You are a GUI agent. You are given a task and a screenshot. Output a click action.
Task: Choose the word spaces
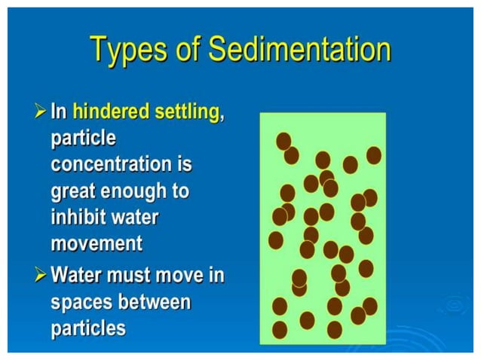(x=80, y=302)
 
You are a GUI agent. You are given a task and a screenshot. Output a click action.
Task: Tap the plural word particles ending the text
(x=87, y=328)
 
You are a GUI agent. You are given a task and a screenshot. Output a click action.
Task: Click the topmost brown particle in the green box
(x=283, y=141)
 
